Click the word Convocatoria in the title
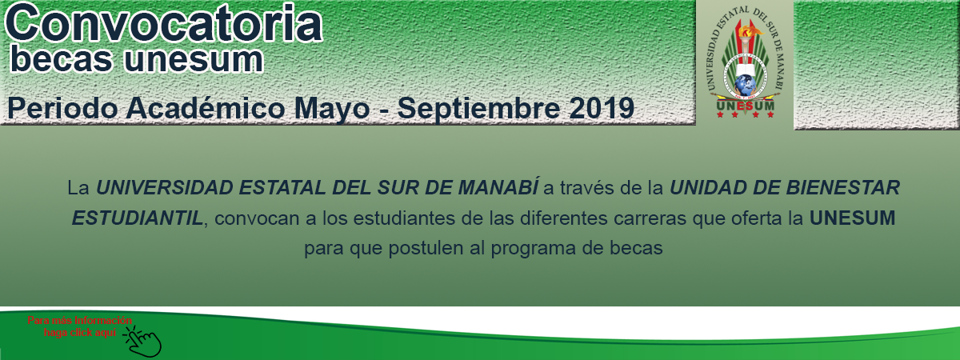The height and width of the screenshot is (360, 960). pyautogui.click(x=164, y=22)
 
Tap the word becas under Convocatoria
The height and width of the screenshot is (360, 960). pyautogui.click(x=62, y=59)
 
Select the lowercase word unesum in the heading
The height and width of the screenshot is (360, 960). pyautogui.click(x=194, y=61)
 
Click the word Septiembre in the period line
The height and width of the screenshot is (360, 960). pyautogui.click(x=478, y=109)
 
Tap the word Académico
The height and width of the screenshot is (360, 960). pyautogui.click(x=206, y=108)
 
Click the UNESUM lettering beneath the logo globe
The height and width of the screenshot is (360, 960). pyautogui.click(x=746, y=106)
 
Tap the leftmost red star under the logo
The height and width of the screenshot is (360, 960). pyautogui.click(x=720, y=114)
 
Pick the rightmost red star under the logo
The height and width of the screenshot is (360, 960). pyautogui.click(x=770, y=114)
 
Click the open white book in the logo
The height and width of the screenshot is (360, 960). pyautogui.click(x=746, y=69)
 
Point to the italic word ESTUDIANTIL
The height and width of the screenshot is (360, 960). pyautogui.click(x=137, y=218)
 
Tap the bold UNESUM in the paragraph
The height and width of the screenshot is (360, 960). pyautogui.click(x=853, y=218)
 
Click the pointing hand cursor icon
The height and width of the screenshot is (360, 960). pyautogui.click(x=142, y=342)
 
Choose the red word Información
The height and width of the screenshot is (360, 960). pyautogui.click(x=103, y=320)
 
